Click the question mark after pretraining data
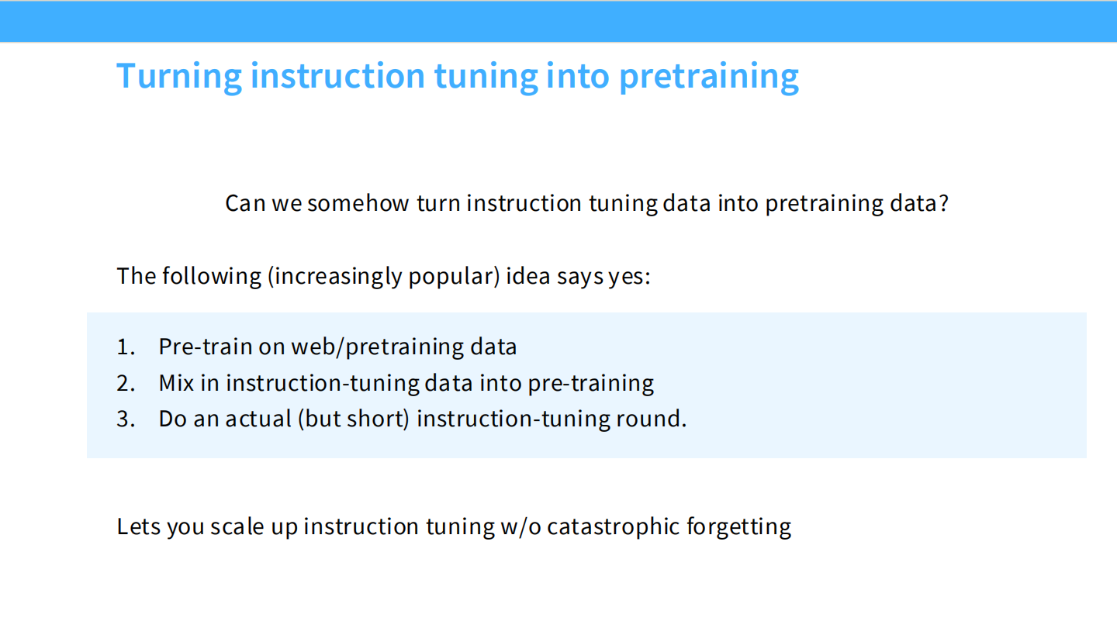(x=943, y=204)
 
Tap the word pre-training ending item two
(x=590, y=383)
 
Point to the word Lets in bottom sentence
(x=137, y=526)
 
